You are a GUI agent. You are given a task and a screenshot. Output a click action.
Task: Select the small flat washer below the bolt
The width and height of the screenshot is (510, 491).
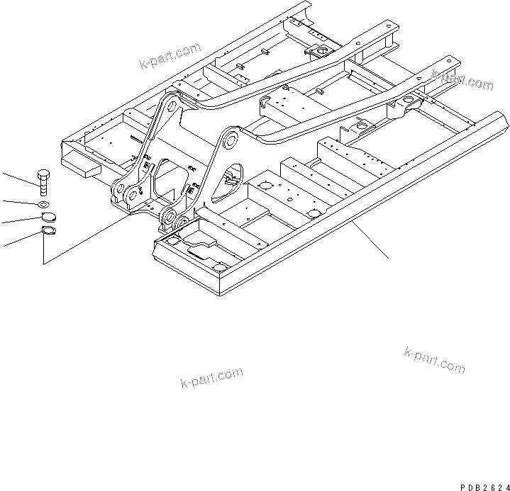tap(44, 205)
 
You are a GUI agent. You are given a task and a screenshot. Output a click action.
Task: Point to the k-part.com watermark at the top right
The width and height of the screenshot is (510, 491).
tap(462, 81)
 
